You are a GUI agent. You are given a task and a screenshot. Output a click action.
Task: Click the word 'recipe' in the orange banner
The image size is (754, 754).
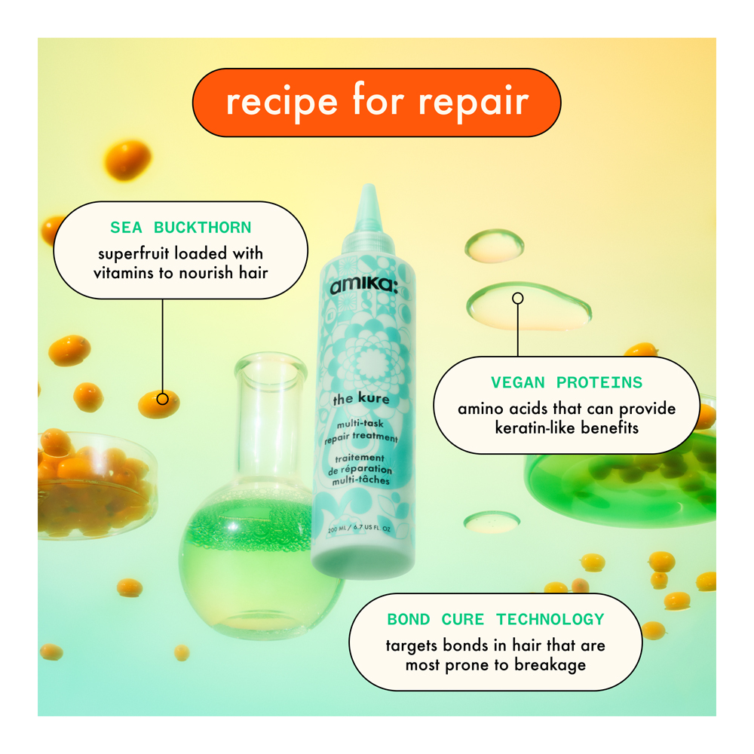coord(282,103)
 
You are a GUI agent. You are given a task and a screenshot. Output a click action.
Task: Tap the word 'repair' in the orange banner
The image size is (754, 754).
coord(474,103)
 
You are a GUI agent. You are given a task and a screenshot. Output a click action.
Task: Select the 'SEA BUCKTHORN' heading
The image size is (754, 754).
coord(181,228)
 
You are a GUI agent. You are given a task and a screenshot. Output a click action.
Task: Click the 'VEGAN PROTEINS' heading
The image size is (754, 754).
coord(566,383)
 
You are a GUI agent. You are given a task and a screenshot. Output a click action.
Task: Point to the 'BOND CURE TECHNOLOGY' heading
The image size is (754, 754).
coord(496,619)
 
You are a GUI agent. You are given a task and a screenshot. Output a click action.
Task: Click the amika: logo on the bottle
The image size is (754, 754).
coord(364,286)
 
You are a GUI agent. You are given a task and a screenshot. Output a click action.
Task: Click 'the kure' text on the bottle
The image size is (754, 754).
coord(361,399)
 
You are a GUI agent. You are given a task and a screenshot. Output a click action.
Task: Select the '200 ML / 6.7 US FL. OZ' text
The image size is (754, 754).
coord(359,529)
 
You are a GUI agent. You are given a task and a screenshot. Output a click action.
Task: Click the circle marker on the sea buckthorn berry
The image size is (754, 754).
coord(163,399)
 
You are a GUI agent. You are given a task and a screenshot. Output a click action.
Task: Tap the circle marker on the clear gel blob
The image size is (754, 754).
coord(518,298)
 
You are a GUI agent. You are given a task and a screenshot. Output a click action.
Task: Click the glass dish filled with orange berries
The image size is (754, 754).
coord(97,486)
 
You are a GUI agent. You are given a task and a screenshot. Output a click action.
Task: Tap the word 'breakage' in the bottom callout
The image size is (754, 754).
coord(550,666)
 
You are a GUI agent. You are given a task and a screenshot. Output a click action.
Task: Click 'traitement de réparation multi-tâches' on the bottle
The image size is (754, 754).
coord(360,469)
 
